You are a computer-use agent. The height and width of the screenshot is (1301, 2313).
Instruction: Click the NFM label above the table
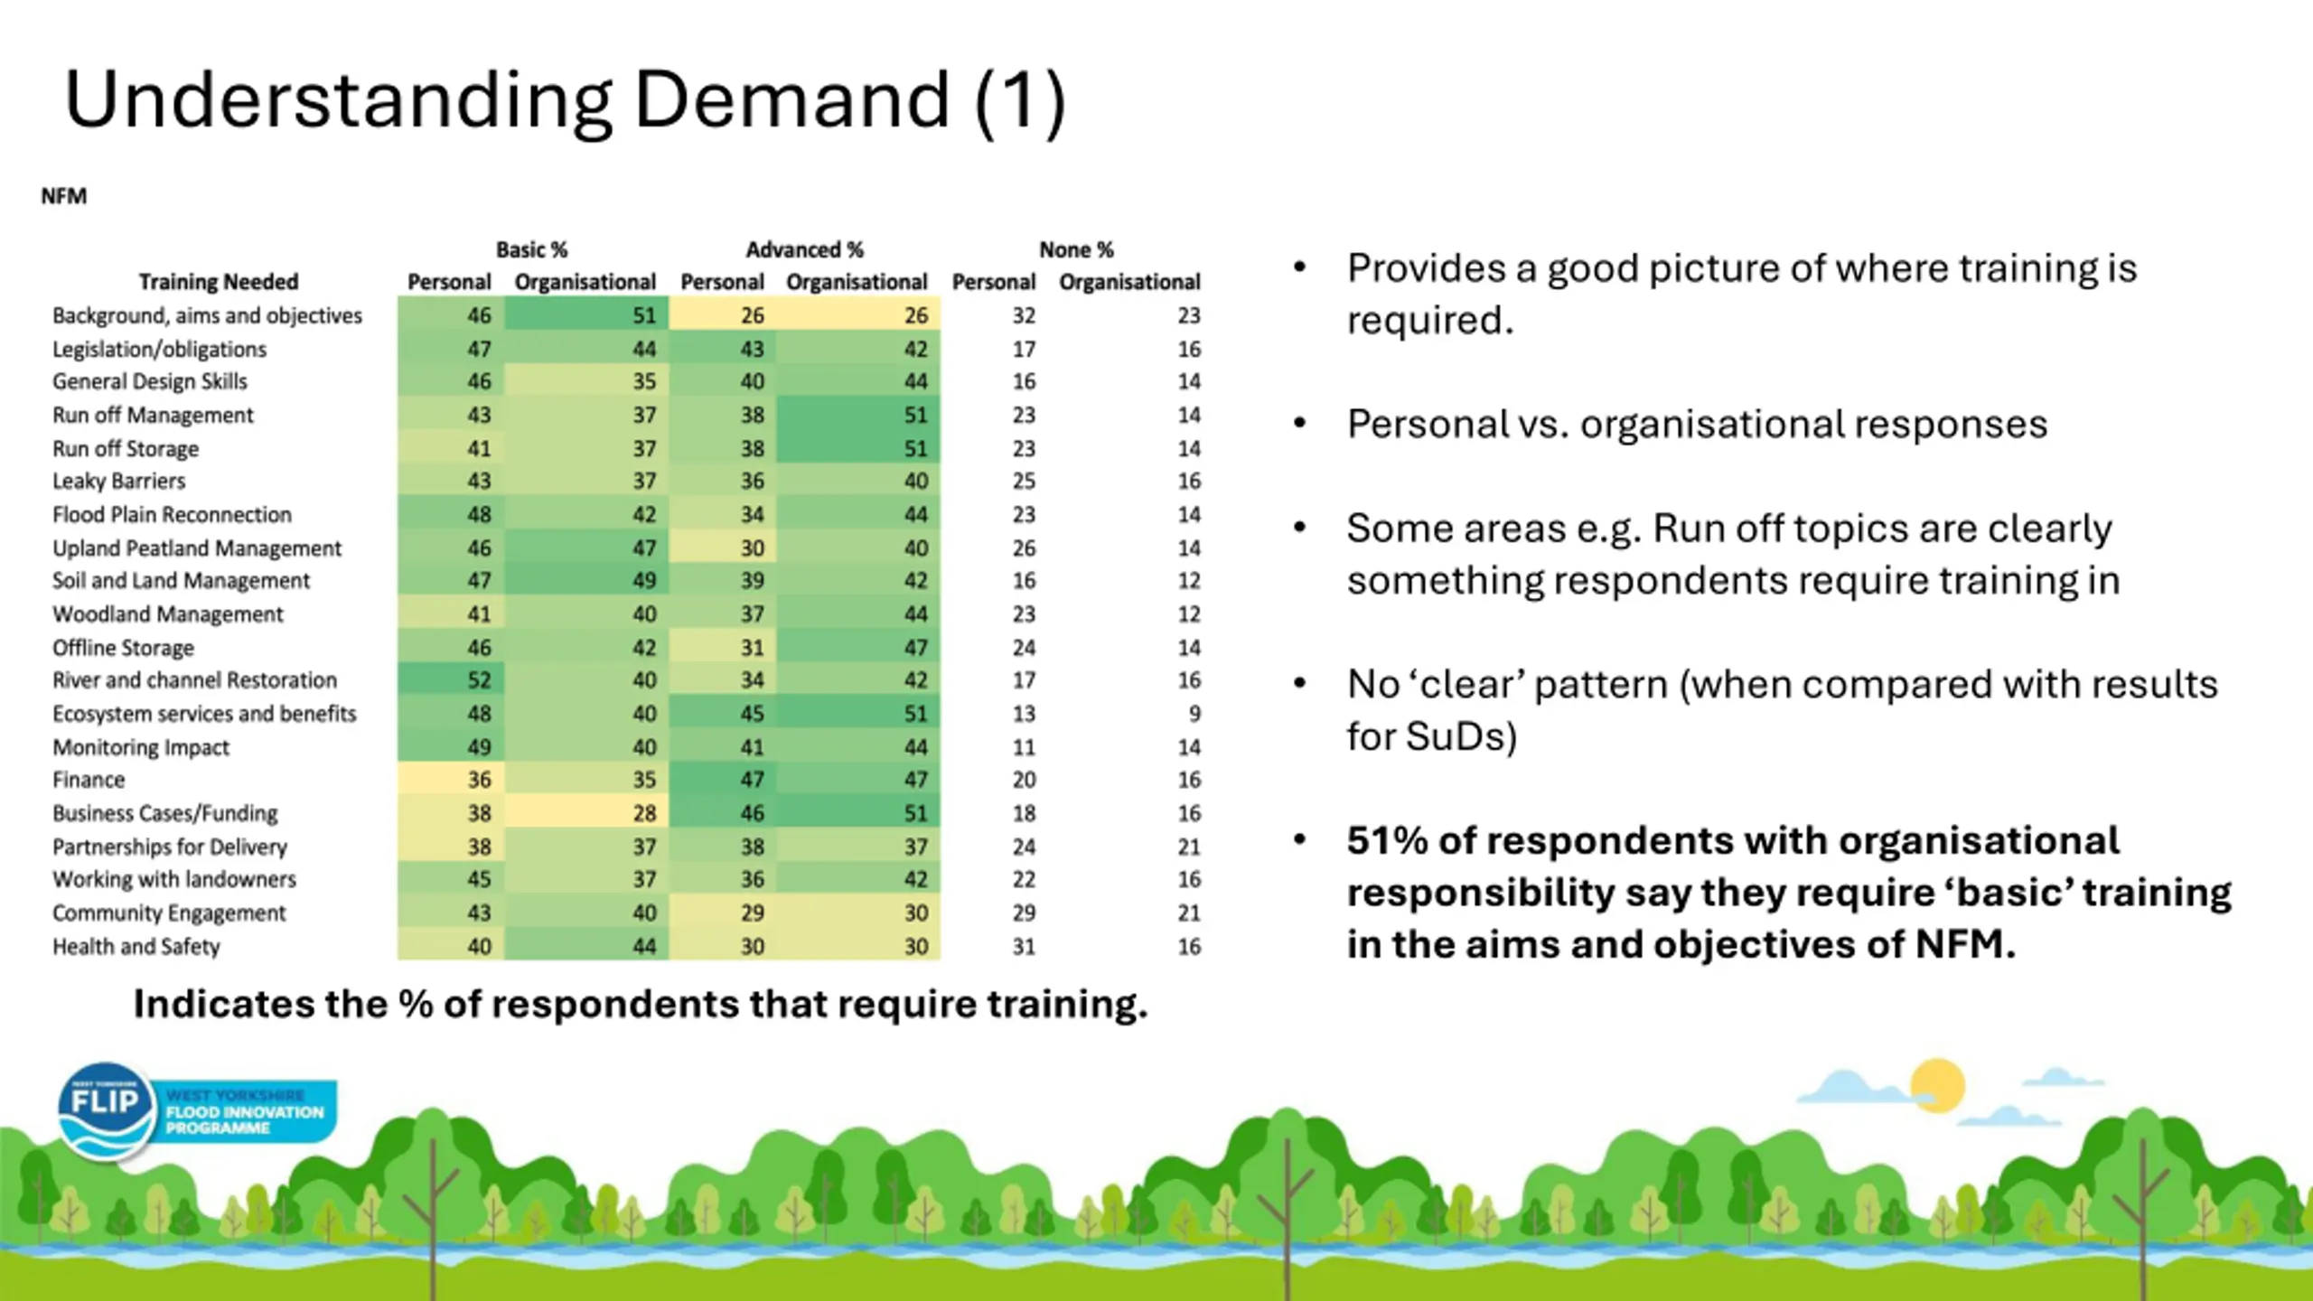pos(64,196)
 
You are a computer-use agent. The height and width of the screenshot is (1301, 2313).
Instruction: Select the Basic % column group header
pos(531,249)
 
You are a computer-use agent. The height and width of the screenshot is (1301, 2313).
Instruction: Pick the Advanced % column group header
pos(804,249)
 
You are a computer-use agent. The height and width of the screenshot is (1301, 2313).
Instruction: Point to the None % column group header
pos(1075,249)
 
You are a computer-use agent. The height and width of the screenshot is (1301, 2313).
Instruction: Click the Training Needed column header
pos(219,282)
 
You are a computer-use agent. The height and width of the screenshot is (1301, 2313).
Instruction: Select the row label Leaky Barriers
pos(118,482)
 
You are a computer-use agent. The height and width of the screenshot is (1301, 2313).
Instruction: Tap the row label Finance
pos(89,780)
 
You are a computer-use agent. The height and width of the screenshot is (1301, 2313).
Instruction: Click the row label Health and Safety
pos(136,947)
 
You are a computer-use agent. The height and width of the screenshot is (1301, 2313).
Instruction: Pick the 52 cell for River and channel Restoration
pos(479,680)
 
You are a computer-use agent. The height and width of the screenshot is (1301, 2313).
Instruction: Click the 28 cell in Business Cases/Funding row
pos(644,813)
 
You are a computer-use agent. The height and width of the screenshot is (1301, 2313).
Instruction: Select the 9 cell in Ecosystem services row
pos(1194,714)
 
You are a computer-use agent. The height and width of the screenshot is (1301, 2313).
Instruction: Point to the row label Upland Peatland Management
pos(197,548)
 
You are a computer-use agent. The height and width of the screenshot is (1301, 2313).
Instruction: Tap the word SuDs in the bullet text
pos(1430,736)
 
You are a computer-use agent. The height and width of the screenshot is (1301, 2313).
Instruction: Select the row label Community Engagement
pos(169,913)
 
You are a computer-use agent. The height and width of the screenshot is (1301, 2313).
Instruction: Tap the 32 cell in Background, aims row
pos(1023,315)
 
